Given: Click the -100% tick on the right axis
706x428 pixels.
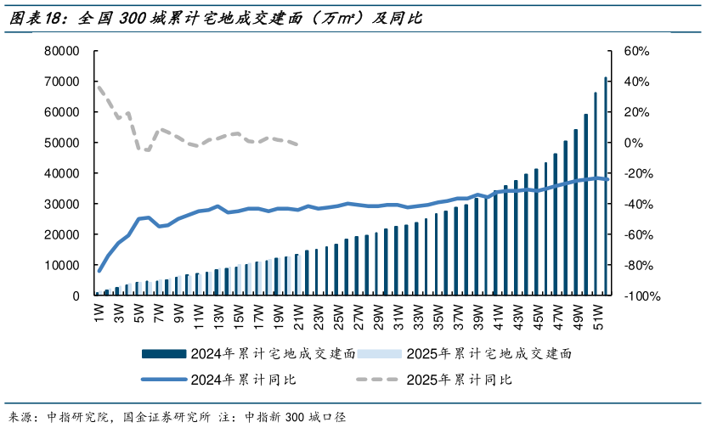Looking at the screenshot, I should [641, 296].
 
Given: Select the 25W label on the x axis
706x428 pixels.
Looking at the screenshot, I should [338, 315].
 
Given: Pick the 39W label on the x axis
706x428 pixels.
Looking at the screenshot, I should [477, 315].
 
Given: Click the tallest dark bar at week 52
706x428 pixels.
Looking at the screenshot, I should [606, 187].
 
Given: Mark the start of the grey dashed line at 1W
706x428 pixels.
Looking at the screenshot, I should [99, 87].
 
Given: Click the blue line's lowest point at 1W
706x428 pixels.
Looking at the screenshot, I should [99, 271].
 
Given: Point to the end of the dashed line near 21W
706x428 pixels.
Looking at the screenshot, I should [297, 144].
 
